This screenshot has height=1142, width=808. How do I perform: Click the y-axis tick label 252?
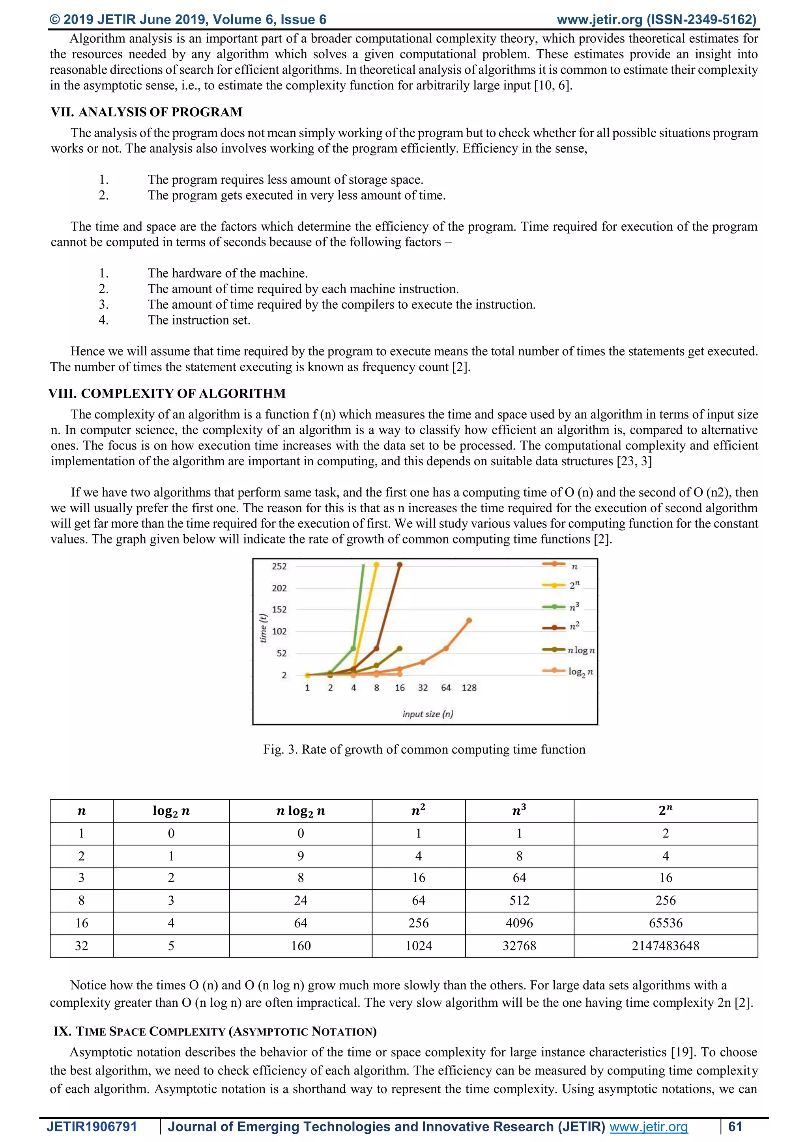[279, 566]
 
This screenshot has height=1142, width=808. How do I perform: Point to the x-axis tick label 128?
[469, 688]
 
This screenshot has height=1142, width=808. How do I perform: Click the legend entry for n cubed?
[574, 607]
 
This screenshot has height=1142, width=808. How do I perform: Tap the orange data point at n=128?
[469, 620]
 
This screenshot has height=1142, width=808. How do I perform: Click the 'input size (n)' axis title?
[427, 714]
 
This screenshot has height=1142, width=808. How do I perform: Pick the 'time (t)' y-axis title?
[264, 628]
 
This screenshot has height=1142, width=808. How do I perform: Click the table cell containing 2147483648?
[665, 946]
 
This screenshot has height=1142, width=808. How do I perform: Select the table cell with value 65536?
[665, 923]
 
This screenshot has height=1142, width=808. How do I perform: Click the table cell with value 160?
[301, 946]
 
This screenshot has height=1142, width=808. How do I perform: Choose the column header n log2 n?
[301, 811]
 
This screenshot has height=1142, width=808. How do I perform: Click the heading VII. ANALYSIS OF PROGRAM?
[147, 112]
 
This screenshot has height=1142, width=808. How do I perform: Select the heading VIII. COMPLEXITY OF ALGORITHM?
[167, 394]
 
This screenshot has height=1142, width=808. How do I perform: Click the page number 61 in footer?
[735, 1127]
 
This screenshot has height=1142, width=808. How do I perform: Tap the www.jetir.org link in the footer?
[648, 1127]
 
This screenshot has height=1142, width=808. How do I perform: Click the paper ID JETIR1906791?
[92, 1127]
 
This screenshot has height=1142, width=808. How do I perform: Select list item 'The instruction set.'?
[199, 320]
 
